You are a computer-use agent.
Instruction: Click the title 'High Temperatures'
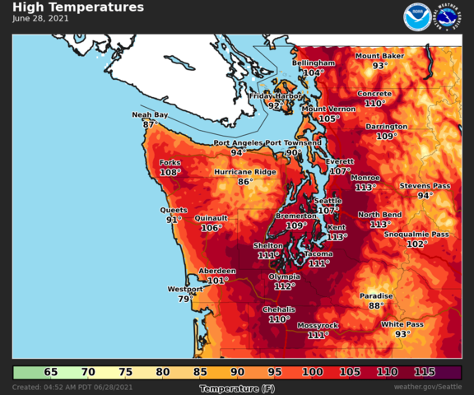point(78,7)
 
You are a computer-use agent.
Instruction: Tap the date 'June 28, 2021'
point(41,18)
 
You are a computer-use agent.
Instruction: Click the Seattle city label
point(328,201)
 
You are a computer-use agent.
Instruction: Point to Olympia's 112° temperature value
point(284,286)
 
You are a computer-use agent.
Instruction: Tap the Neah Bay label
point(150,115)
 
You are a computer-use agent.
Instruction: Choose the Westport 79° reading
point(184,299)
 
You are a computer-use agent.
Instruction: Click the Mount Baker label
point(379,56)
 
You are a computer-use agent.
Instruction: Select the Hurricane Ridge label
point(245,172)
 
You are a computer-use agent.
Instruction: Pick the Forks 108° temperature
point(170,173)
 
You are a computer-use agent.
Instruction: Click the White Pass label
point(402,324)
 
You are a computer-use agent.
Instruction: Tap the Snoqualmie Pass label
point(416,235)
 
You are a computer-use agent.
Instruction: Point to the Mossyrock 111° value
point(318,335)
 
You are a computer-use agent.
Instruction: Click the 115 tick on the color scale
point(425,373)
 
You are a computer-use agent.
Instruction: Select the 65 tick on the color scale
point(51,373)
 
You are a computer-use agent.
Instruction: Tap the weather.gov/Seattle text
point(428,387)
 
